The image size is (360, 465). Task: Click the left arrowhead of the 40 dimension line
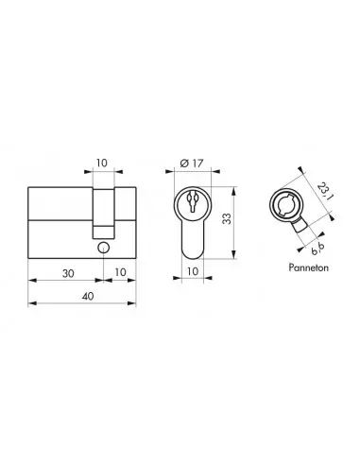pyautogui.click(x=34, y=303)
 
